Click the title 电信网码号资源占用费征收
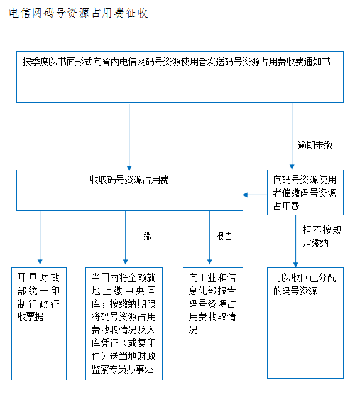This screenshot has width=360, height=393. pos(79,13)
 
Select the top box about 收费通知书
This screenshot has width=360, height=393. pos(180,77)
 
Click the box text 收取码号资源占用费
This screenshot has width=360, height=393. pos(129,180)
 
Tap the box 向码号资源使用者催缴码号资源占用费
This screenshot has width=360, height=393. pos(305,192)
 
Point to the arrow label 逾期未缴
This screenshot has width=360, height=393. pos(315,146)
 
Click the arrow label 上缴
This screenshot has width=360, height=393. pos(143,236)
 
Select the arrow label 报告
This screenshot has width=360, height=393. pos(224,236)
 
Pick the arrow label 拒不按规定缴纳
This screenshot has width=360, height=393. pos(322,237)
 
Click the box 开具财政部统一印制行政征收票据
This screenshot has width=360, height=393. pos(39,324)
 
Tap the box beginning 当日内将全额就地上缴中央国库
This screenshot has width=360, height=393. pos(124,324)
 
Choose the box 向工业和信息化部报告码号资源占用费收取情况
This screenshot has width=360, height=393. pos(213,324)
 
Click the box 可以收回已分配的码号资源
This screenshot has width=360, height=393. pos(305,323)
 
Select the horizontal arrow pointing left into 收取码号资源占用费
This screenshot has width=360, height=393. pos(255,195)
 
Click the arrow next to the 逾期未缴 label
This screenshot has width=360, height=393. pos(292,136)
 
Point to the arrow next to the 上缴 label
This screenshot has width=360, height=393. pos(126,237)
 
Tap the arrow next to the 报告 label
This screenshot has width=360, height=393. pos(209,237)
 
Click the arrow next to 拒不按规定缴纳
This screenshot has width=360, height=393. pos(295,241)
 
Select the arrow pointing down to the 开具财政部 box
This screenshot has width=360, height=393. pos(40,237)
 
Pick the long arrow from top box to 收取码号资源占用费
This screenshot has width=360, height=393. pos(129,137)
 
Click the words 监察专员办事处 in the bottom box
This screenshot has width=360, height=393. pos(122,369)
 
